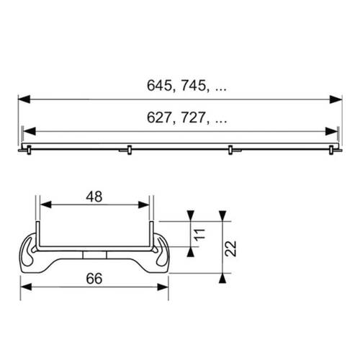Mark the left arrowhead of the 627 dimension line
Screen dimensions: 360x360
pyautogui.click(x=30, y=132)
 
